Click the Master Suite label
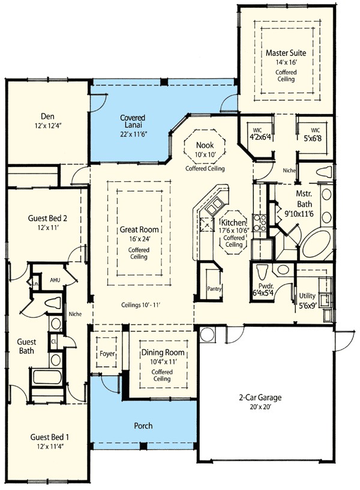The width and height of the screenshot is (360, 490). [286, 53]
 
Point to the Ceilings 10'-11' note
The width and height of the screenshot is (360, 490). [143, 304]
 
